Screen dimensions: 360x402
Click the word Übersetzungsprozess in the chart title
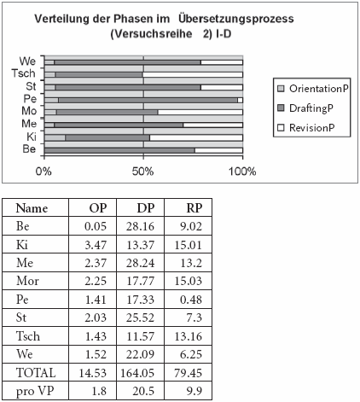[x=236, y=19]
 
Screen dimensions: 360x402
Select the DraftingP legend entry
[x=305, y=108]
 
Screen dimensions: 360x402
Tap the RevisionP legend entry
[x=306, y=128]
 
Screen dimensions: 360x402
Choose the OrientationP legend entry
[x=313, y=89]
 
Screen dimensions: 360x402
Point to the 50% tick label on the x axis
[x=142, y=172]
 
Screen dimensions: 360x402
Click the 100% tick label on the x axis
[x=242, y=172]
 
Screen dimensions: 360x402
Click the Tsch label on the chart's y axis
[x=24, y=73]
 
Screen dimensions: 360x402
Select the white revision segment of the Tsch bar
[x=193, y=75]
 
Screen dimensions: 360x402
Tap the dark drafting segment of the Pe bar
[x=148, y=100]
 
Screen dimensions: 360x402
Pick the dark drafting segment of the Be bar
[x=119, y=150]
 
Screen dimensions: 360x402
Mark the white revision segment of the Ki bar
[x=196, y=138]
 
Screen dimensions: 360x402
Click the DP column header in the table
[x=146, y=208]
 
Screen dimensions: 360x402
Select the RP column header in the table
[x=195, y=208]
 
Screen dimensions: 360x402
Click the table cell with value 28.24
[x=140, y=263]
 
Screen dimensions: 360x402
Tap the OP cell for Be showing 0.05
[x=96, y=226]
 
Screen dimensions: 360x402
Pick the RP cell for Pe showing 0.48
[x=191, y=300]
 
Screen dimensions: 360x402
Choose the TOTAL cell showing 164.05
[x=137, y=373]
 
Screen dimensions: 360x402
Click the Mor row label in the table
[x=27, y=281]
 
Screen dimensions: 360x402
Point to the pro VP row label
[x=35, y=392]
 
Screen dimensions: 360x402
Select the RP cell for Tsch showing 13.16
[x=188, y=336]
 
